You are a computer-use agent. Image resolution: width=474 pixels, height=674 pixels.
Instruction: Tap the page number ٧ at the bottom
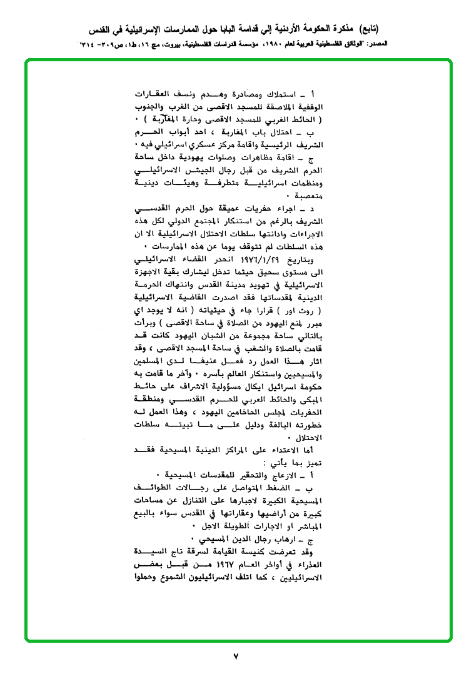(x=236, y=656)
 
